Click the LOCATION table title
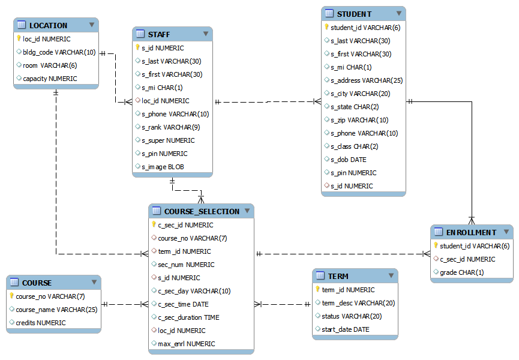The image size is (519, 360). (x=48, y=25)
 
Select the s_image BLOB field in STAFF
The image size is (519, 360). (x=163, y=167)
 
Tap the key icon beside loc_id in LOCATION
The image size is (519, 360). (x=19, y=39)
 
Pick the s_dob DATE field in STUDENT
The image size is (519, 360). (x=348, y=160)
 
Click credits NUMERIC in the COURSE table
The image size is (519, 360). (x=40, y=323)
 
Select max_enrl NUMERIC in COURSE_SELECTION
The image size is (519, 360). (x=186, y=344)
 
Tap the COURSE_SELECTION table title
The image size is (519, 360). (x=202, y=211)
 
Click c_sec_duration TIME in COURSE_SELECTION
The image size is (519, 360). (x=188, y=317)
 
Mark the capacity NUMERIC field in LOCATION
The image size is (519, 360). (x=50, y=79)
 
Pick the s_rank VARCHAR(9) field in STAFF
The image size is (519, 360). (x=170, y=127)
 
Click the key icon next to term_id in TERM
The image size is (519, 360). (x=317, y=289)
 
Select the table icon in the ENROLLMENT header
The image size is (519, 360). (x=439, y=232)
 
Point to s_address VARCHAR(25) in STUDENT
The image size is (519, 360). (x=366, y=80)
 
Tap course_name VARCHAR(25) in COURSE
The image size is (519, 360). (x=56, y=310)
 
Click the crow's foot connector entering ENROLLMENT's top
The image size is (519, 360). (x=472, y=220)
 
